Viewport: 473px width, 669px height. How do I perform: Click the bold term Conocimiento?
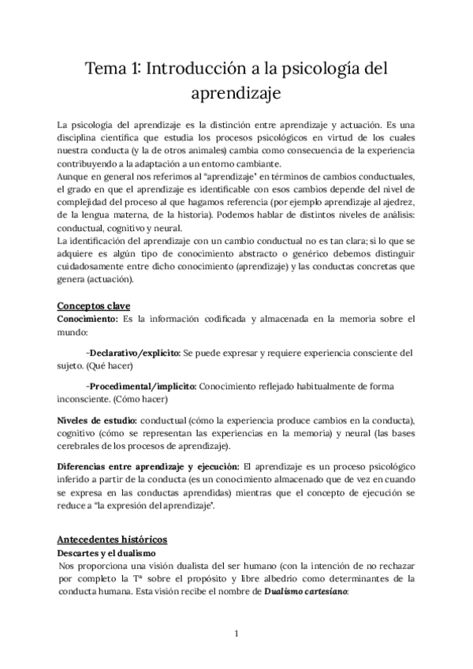(87, 319)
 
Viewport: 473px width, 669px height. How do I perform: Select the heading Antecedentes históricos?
(112, 540)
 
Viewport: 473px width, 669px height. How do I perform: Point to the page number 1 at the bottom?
(236, 633)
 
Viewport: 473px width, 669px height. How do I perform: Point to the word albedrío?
(293, 581)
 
